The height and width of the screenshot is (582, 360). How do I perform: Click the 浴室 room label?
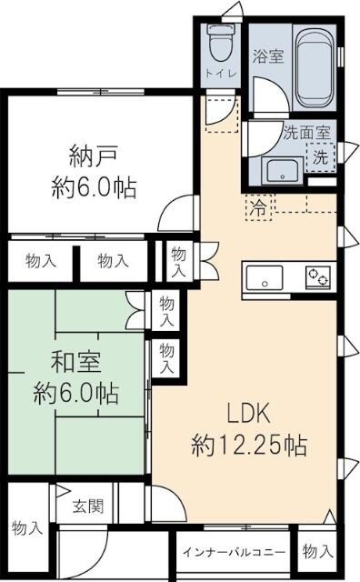(268, 55)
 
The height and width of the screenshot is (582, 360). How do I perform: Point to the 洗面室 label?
(306, 131)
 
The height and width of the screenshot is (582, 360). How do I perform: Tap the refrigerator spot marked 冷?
(259, 206)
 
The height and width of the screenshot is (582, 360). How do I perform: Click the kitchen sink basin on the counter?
(265, 276)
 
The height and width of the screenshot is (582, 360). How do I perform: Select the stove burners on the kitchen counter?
(318, 275)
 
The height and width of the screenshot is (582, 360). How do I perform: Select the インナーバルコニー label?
(234, 553)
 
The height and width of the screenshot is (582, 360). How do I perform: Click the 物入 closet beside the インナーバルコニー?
(316, 552)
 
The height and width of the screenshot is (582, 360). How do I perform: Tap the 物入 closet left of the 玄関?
(26, 527)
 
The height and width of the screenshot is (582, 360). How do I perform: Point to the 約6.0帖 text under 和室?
(76, 394)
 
